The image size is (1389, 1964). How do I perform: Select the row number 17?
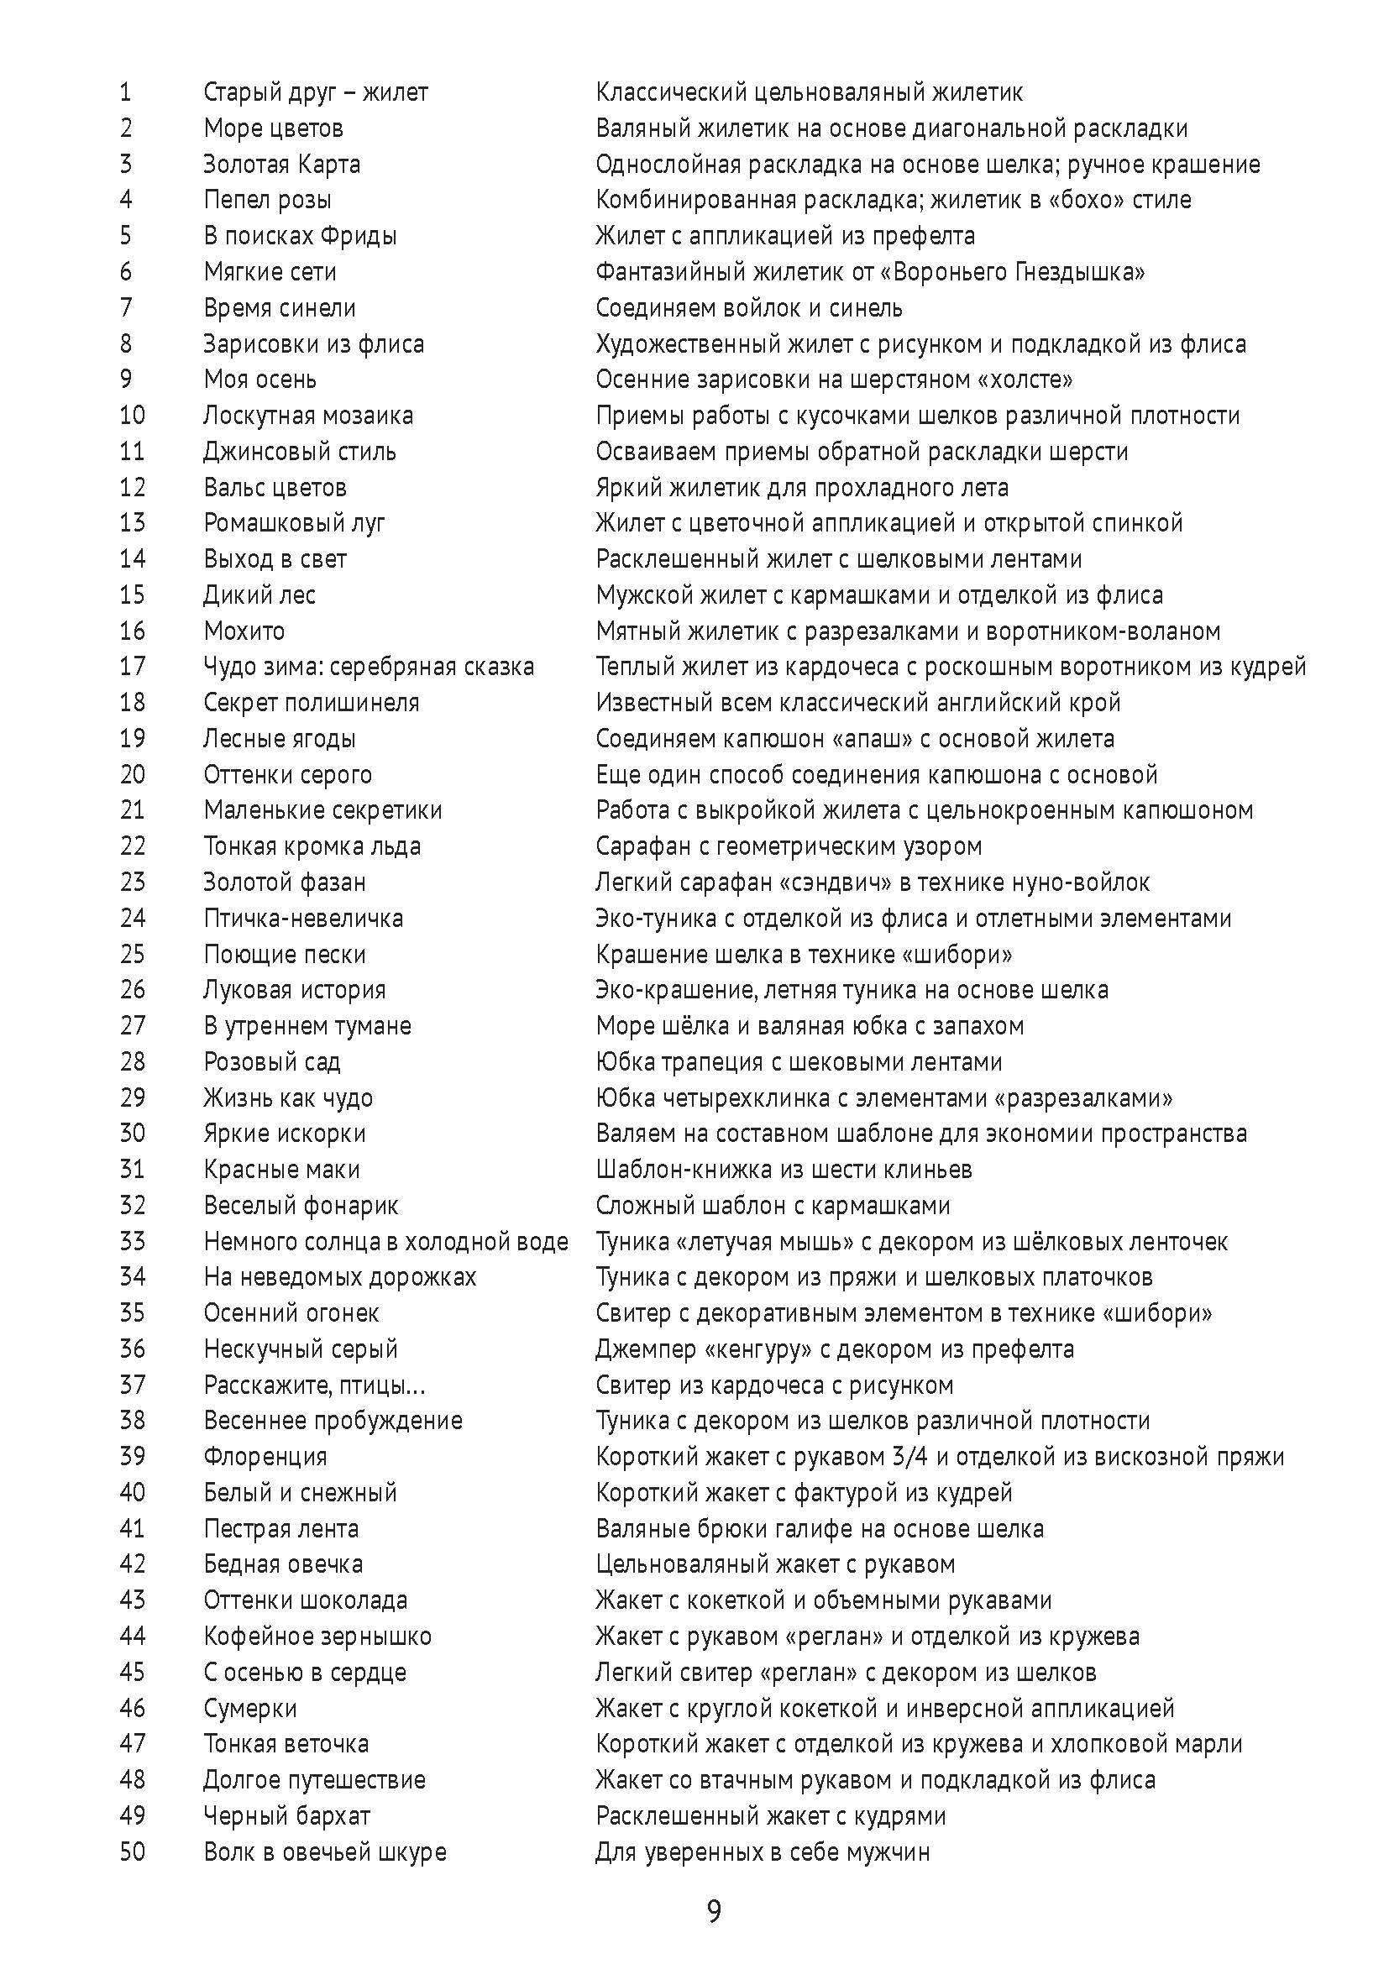pyautogui.click(x=133, y=666)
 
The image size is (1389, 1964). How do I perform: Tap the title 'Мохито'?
pyautogui.click(x=244, y=631)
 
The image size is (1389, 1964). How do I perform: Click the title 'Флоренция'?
pyautogui.click(x=265, y=1456)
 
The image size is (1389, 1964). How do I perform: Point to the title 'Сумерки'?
pyautogui.click(x=249, y=1708)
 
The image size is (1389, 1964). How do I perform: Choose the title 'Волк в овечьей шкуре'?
pyautogui.click(x=325, y=1852)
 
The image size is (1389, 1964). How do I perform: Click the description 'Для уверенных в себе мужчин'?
pyautogui.click(x=763, y=1852)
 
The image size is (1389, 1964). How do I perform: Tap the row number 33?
pyautogui.click(x=133, y=1241)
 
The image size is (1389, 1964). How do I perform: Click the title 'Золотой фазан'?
pyautogui.click(x=285, y=882)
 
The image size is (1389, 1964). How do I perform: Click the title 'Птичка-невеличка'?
pyautogui.click(x=303, y=918)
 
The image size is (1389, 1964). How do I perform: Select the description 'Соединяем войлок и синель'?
pyautogui.click(x=749, y=307)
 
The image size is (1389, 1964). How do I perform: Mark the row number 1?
pyautogui.click(x=126, y=92)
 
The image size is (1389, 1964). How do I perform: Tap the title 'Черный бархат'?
pyautogui.click(x=286, y=1816)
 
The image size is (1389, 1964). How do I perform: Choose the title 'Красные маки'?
pyautogui.click(x=281, y=1170)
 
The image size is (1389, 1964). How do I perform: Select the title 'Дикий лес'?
pyautogui.click(x=259, y=594)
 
